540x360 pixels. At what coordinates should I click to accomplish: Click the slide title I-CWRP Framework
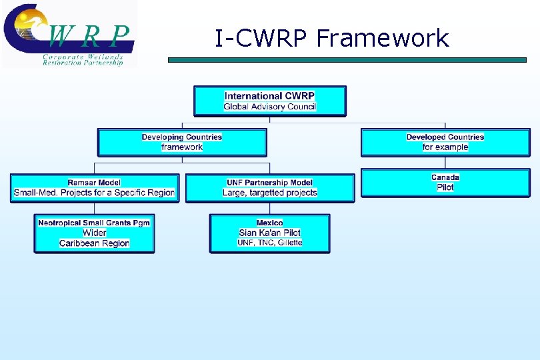pos(331,39)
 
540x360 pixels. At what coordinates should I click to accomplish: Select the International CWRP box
pos(269,101)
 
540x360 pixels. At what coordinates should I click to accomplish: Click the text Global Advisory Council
pos(269,107)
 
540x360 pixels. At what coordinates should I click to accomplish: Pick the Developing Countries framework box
pos(182,142)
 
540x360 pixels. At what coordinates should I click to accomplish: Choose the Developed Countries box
pos(445,142)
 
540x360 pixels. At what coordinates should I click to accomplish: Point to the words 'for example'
pos(445,147)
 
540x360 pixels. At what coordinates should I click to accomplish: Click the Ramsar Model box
pos(94,188)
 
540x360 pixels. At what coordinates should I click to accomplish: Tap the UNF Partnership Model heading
pos(269,183)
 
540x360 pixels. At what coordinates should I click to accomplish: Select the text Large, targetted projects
pos(269,193)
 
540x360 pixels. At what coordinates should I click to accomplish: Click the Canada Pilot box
pos(445,182)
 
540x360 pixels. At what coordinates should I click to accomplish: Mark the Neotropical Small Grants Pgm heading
pos(94,223)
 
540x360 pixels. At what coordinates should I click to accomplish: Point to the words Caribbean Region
pos(94,243)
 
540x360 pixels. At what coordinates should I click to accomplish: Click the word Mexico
pos(269,223)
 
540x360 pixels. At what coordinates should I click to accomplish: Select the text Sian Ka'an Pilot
pos(269,233)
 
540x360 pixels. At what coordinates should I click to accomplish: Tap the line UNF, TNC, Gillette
pos(269,243)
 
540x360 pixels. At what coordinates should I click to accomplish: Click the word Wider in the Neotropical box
pos(94,233)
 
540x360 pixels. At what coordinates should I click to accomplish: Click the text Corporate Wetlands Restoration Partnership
pos(83,59)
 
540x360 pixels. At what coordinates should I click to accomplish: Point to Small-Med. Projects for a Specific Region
pos(94,193)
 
